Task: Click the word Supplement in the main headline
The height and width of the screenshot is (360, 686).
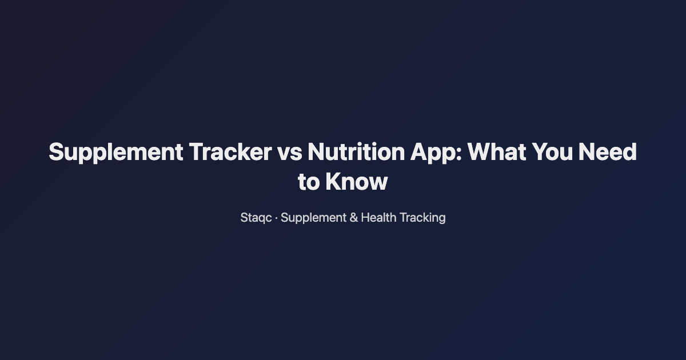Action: click(115, 153)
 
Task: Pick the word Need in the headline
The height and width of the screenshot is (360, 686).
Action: click(608, 153)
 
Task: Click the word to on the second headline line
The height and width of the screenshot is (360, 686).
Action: click(309, 182)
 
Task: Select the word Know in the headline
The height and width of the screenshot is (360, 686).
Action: click(357, 182)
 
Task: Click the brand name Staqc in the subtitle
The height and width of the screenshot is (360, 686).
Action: click(256, 218)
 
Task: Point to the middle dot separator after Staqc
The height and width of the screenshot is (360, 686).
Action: click(277, 218)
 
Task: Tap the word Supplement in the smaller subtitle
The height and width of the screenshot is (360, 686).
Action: click(313, 218)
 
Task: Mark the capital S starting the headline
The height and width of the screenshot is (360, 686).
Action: click(57, 153)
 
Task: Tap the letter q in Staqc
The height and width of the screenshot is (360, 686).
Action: click(261, 219)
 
